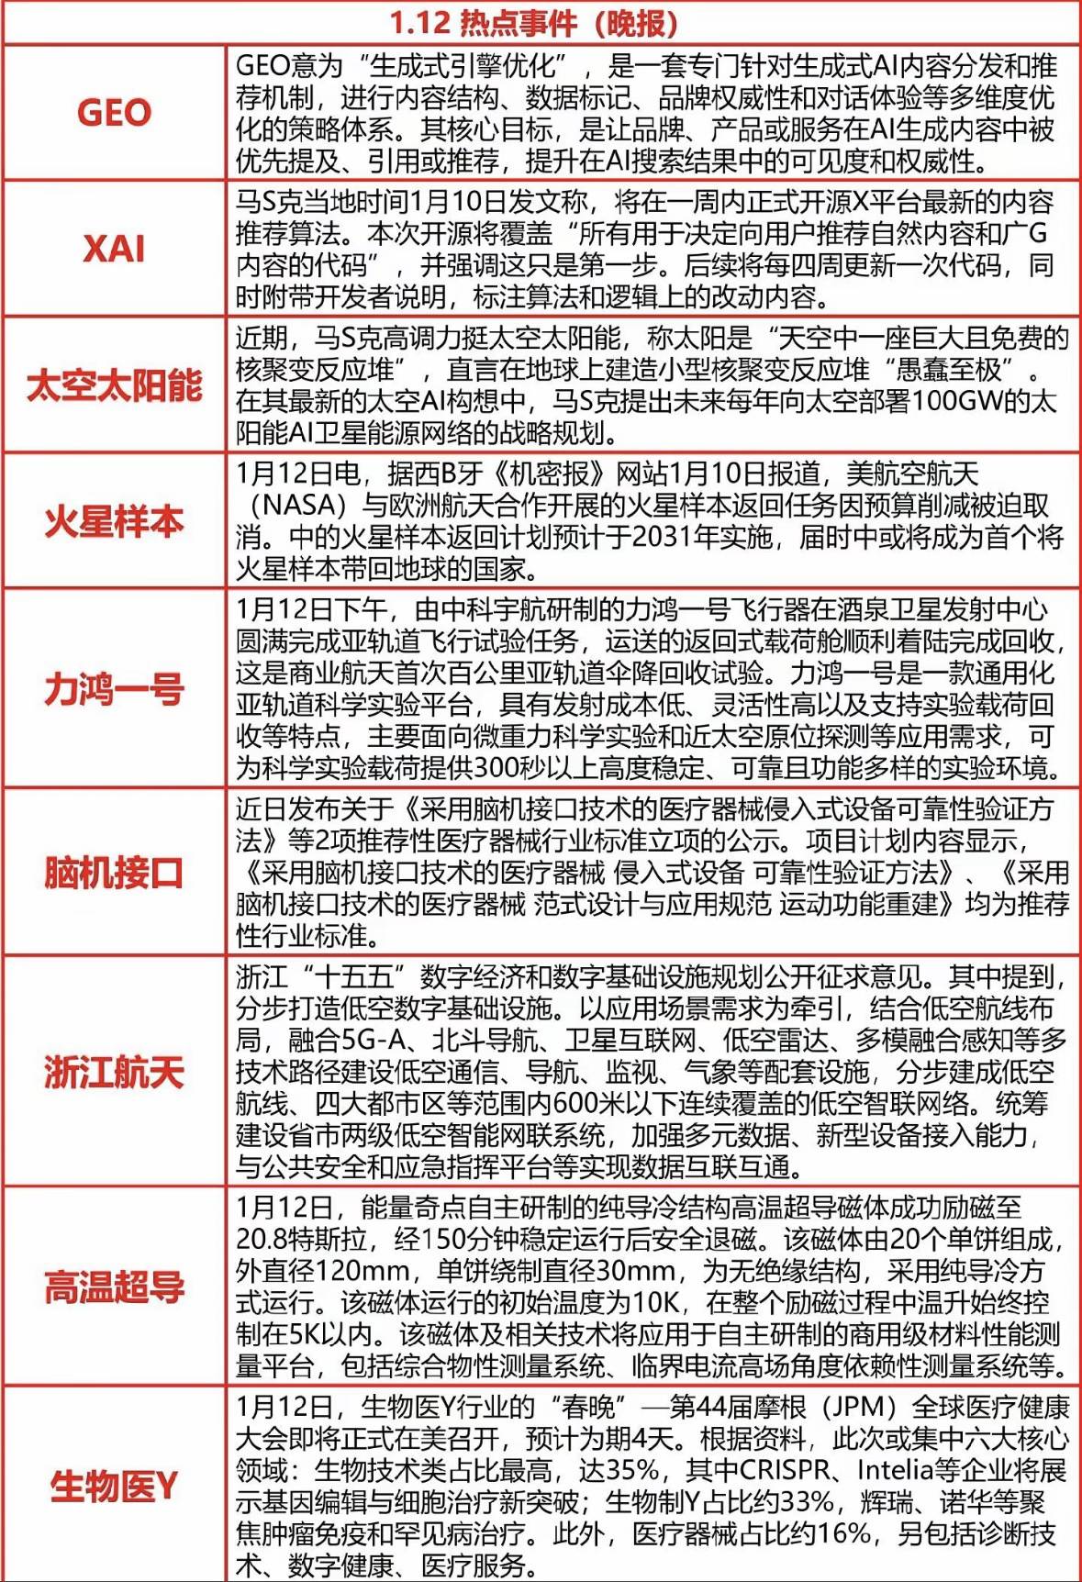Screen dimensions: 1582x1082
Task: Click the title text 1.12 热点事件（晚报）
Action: point(534,23)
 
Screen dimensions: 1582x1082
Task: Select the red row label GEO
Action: point(114,113)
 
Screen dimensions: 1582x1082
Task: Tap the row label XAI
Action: point(114,249)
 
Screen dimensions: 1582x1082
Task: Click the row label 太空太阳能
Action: point(114,385)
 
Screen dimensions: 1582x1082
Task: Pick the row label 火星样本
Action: point(114,521)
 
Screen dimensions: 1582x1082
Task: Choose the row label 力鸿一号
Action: point(114,688)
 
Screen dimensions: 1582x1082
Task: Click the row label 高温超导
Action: point(114,1287)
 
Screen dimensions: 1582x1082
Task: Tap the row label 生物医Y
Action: point(114,1486)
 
